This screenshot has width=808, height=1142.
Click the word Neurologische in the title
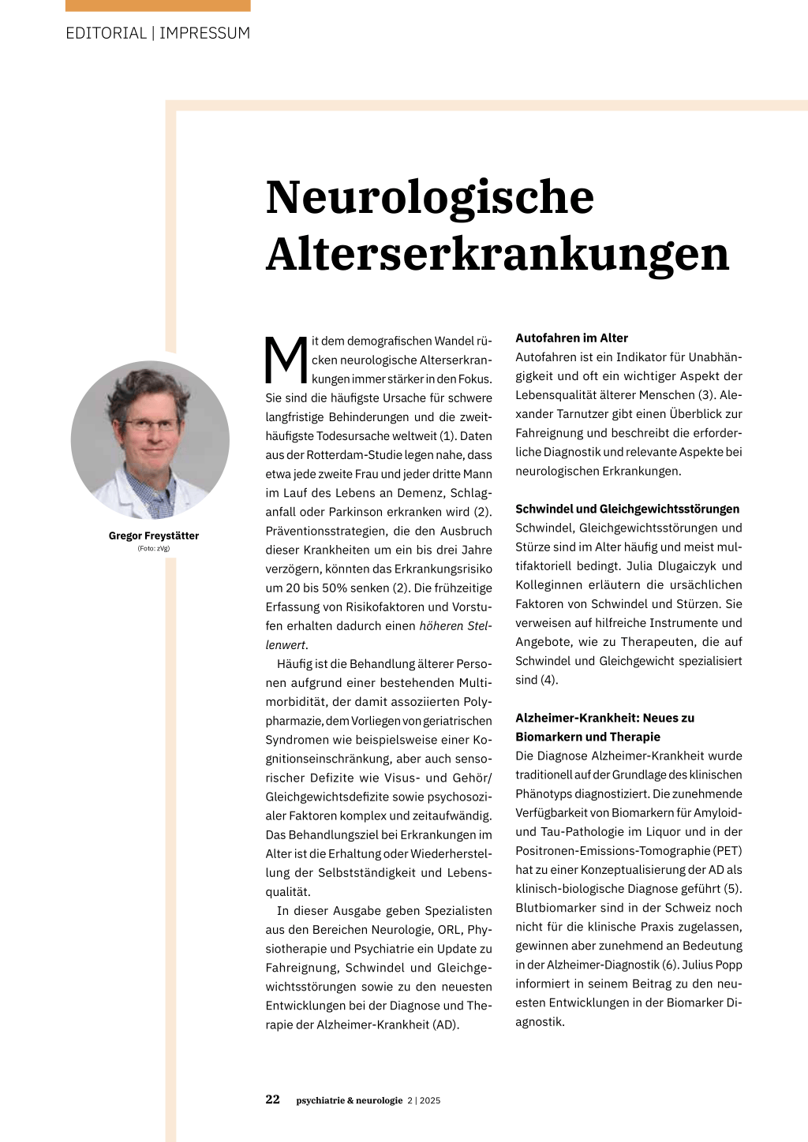[x=429, y=197]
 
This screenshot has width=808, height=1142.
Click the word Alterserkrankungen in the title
[x=497, y=254]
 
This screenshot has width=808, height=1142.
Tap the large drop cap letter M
[x=286, y=360]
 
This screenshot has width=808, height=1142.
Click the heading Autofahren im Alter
[x=571, y=338]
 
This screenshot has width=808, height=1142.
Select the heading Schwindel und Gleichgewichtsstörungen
[x=627, y=509]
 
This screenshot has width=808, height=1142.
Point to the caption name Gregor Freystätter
[x=154, y=536]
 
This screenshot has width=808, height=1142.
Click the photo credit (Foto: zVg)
[x=154, y=548]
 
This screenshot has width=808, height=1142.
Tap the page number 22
[x=272, y=1099]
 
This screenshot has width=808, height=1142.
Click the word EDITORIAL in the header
[x=106, y=33]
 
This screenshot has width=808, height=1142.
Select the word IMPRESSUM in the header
[x=204, y=33]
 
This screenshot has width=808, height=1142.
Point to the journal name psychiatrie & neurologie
[x=350, y=1100]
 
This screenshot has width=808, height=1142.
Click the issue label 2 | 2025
[x=424, y=1100]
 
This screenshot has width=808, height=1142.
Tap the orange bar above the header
[x=158, y=6]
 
